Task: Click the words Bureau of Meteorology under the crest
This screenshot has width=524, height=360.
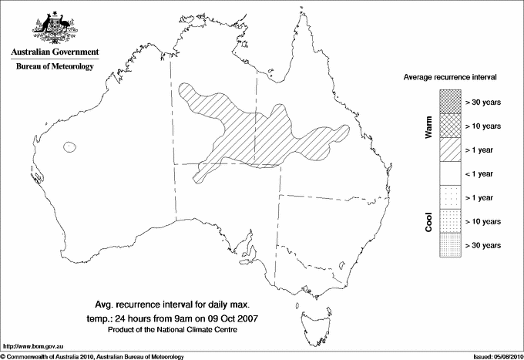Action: [54, 67]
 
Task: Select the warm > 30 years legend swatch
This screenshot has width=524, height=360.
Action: [450, 101]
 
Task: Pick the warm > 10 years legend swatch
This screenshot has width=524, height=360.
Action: [450, 125]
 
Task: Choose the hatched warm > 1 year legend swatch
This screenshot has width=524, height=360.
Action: [450, 149]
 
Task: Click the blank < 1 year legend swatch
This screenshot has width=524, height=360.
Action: [450, 173]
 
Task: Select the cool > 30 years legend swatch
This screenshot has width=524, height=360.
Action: [450, 245]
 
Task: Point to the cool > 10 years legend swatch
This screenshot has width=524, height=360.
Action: [450, 221]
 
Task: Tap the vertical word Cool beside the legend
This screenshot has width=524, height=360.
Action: [429, 222]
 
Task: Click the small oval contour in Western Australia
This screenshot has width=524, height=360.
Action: [72, 146]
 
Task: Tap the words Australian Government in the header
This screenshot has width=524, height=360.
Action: [54, 52]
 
